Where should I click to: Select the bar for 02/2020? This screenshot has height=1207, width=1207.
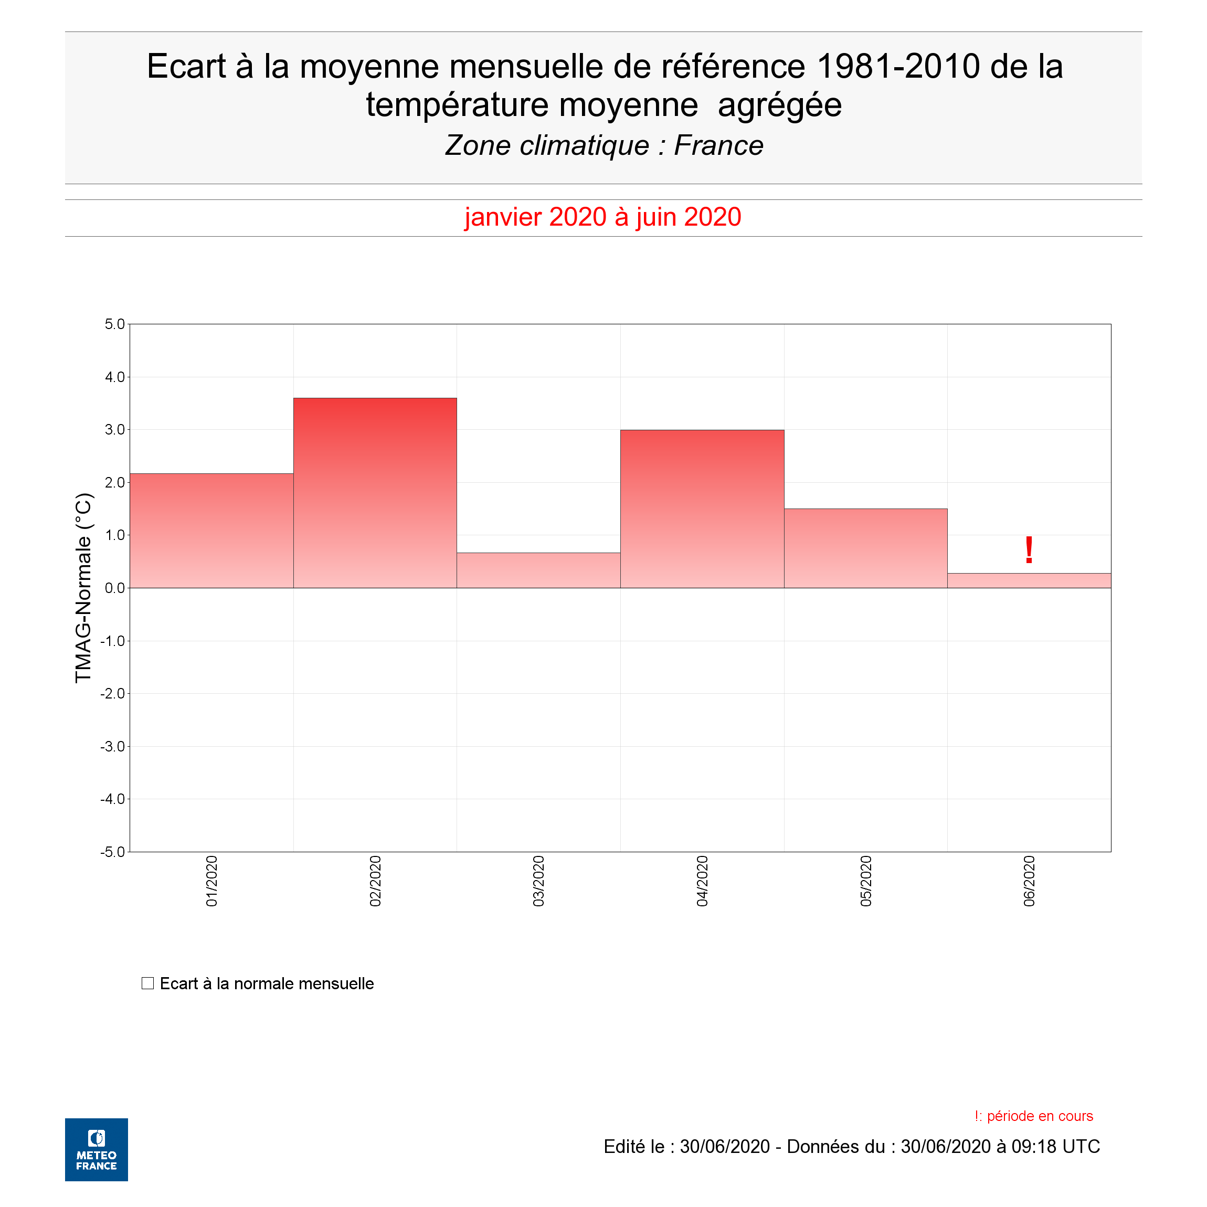click(x=375, y=493)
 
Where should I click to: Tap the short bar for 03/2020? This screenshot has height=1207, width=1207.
click(x=538, y=570)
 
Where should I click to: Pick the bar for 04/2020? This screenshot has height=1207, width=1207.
click(x=702, y=509)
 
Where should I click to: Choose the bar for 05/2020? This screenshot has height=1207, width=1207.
click(x=866, y=548)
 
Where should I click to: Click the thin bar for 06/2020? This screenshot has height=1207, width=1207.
click(x=1029, y=580)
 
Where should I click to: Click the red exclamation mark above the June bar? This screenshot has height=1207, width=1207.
click(x=1029, y=550)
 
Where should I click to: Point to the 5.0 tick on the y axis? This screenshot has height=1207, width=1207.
click(x=115, y=324)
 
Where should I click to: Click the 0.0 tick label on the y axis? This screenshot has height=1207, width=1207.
click(x=115, y=588)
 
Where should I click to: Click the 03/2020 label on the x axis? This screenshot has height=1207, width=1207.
click(x=538, y=882)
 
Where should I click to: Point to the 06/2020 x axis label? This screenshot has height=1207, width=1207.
click(x=1029, y=882)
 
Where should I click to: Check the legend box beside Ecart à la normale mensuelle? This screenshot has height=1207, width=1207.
click(x=147, y=983)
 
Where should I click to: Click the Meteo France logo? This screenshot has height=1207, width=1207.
click(x=96, y=1149)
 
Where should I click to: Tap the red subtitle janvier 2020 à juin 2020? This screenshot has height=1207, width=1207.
click(x=603, y=217)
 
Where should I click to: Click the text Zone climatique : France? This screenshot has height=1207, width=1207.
click(x=603, y=145)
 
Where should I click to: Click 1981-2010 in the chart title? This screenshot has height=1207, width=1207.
click(x=898, y=66)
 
